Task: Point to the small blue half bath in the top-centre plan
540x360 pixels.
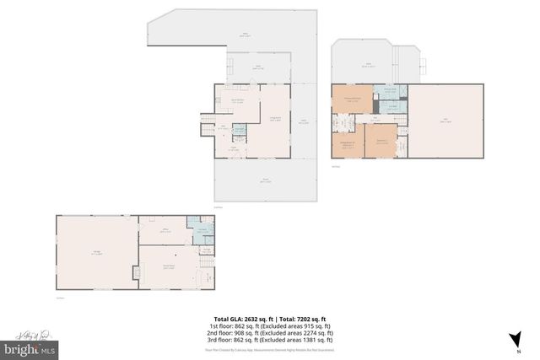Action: (239, 130)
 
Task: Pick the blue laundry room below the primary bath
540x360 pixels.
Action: (391, 107)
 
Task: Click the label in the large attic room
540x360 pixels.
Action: (446, 121)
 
